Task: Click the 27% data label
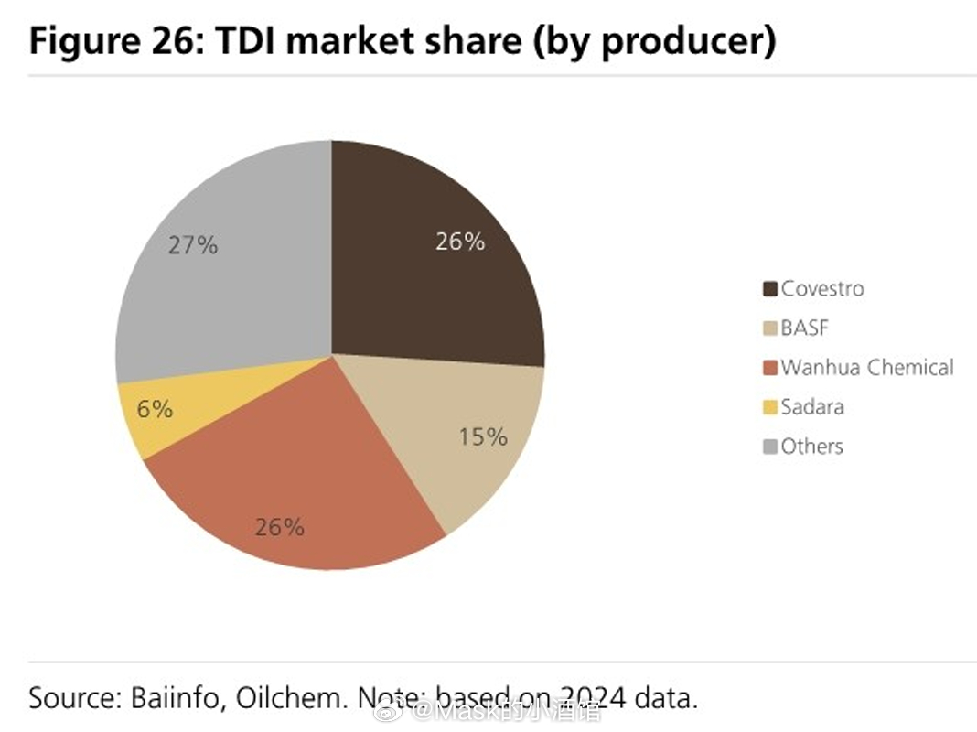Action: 193,245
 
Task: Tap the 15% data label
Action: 483,437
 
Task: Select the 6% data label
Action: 155,409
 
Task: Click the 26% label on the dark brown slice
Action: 460,242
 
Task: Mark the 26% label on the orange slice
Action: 280,527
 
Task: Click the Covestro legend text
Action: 822,289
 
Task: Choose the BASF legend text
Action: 805,328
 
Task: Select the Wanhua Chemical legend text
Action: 867,368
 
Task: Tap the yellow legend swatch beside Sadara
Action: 770,408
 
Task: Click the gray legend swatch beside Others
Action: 770,447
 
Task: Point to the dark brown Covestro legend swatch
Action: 770,290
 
